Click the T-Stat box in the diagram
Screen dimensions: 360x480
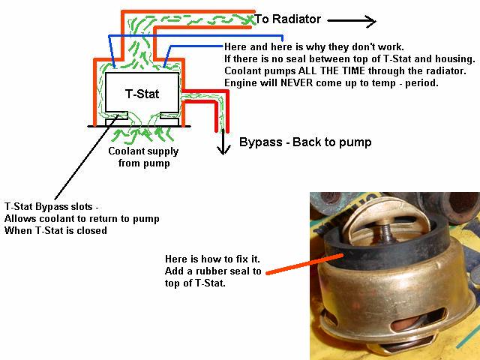(142, 93)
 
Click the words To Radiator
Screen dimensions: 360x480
(288, 19)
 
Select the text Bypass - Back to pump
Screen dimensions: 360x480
(304, 142)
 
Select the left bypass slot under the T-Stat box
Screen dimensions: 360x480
(116, 121)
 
